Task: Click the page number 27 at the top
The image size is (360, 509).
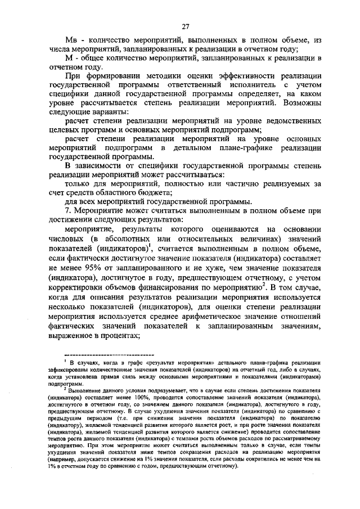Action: pos(186,26)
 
